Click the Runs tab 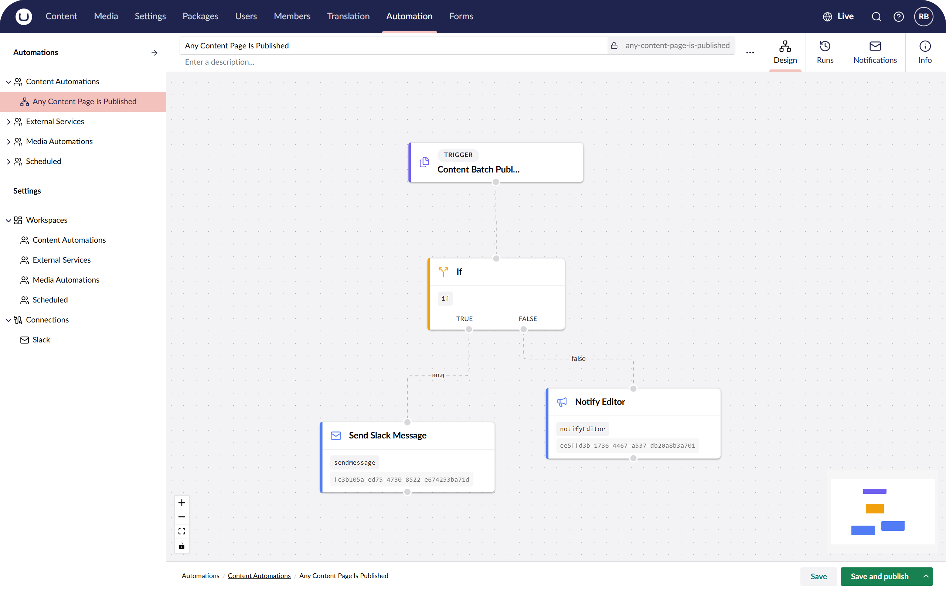(x=825, y=52)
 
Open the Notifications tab (x=875, y=52)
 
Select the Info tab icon (x=925, y=46)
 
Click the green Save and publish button (x=879, y=576)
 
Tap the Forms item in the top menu (x=461, y=16)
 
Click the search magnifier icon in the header (x=877, y=16)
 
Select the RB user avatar (x=923, y=16)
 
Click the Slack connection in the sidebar (x=41, y=340)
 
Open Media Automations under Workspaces (x=66, y=280)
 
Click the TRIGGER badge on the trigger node (x=458, y=155)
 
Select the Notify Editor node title (x=600, y=402)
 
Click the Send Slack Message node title (x=387, y=435)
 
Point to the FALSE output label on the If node (x=528, y=318)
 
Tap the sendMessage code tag (x=354, y=462)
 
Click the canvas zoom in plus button (x=182, y=503)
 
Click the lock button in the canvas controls (x=182, y=546)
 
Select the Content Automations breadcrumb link (x=259, y=576)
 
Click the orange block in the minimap (x=874, y=509)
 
